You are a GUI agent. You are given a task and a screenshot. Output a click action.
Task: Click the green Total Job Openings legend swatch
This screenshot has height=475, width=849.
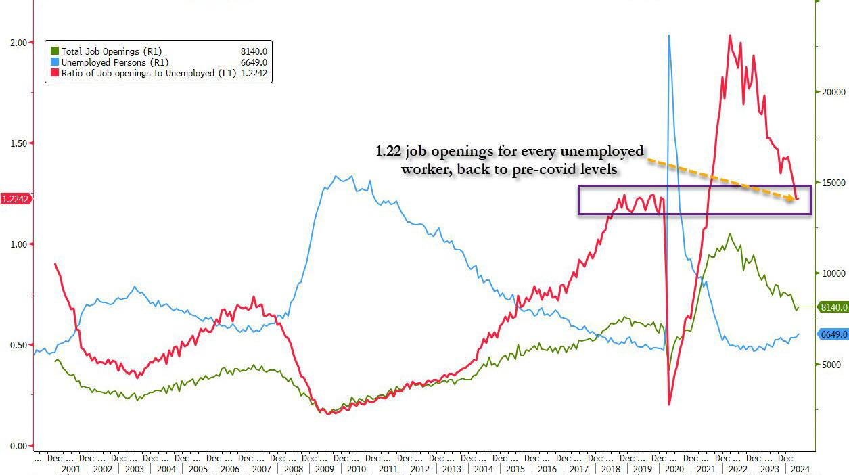(55, 51)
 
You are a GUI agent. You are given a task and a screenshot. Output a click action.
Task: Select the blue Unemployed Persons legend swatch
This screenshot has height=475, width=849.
(55, 62)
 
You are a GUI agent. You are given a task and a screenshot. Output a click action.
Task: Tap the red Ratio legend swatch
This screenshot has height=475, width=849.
(55, 73)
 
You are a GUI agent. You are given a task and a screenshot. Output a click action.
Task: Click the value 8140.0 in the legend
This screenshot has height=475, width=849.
(254, 51)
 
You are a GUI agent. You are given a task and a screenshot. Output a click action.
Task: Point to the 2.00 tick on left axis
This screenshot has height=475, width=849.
(18, 43)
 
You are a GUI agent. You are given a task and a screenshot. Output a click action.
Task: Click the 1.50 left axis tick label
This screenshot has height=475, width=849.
(18, 143)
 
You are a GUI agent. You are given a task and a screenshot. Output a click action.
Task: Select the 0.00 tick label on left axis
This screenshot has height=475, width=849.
(18, 446)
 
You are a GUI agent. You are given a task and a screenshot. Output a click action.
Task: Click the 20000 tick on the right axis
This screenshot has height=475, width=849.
(833, 92)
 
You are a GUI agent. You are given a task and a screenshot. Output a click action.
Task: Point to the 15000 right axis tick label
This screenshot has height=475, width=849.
(833, 183)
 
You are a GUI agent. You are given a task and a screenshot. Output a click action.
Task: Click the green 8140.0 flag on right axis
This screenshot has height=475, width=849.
(833, 307)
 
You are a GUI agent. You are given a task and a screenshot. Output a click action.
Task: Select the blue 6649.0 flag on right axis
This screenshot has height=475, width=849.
(833, 334)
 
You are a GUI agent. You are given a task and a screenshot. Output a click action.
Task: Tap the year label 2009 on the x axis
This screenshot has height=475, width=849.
(325, 469)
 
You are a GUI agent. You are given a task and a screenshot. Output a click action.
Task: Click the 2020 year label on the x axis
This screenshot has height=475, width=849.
(674, 469)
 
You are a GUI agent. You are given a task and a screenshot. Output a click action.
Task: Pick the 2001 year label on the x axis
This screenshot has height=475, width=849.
(70, 469)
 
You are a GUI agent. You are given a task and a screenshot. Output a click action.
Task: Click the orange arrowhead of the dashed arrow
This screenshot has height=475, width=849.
(796, 198)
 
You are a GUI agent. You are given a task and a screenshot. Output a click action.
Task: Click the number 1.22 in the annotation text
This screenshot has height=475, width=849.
(390, 152)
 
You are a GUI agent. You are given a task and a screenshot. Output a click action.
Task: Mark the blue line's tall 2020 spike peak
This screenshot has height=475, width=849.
(669, 35)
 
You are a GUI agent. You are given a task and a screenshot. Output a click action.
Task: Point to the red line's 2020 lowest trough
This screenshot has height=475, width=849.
(670, 404)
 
